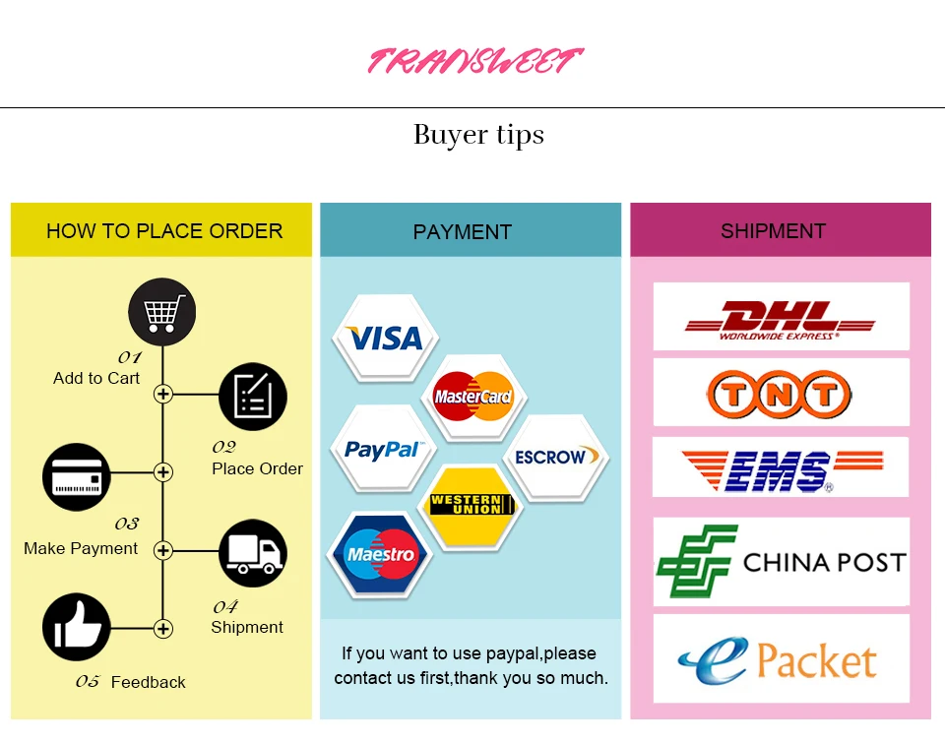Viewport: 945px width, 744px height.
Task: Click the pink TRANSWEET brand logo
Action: point(475,61)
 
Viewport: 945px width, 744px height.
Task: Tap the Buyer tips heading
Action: point(478,135)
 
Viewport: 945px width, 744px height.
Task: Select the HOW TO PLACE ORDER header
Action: point(163,231)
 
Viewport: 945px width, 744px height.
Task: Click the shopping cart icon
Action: point(162,313)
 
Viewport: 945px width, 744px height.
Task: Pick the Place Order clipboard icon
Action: point(252,397)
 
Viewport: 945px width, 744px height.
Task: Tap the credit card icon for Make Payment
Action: point(77,478)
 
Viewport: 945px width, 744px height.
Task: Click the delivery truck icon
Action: point(253,553)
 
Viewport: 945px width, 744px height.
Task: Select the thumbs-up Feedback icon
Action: point(77,627)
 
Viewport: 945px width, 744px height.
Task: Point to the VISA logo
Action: point(385,339)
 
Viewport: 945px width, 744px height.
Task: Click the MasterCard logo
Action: point(473,397)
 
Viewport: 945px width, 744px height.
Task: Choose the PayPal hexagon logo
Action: point(383,450)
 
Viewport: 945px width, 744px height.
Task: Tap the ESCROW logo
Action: point(550,458)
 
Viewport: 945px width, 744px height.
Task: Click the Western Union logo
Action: point(472,506)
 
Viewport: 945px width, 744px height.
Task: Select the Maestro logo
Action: point(381,555)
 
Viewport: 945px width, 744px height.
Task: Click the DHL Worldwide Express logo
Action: point(781,318)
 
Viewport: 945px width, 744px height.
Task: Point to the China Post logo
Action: point(781,562)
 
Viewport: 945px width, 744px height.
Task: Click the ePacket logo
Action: point(781,659)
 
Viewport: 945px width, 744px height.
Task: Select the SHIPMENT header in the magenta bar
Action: point(773,231)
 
